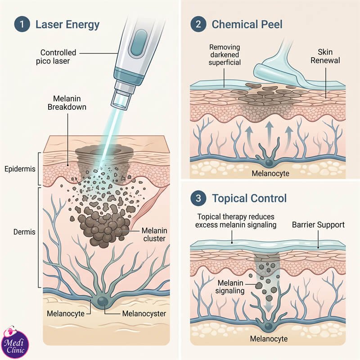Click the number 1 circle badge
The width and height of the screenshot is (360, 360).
(x=22, y=24)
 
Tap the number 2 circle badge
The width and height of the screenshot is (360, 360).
(x=198, y=24)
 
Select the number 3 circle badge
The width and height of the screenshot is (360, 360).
(x=198, y=198)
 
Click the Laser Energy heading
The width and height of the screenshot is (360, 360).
(x=67, y=25)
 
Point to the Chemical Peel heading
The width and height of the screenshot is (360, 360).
(x=247, y=24)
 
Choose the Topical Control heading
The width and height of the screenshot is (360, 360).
(x=249, y=198)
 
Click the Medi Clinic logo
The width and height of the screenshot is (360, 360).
(x=15, y=342)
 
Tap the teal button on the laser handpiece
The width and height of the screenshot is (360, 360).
(x=139, y=42)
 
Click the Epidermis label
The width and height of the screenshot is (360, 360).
(x=20, y=169)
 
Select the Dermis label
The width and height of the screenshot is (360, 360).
(x=24, y=232)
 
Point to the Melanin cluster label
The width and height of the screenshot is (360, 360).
(x=154, y=234)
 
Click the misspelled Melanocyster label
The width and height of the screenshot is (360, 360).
(x=144, y=314)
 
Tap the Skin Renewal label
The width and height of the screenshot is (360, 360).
(x=325, y=56)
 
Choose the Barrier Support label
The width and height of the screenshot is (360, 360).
(x=318, y=225)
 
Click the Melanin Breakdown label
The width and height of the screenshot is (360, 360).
(x=67, y=103)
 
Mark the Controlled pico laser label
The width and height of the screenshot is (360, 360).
(x=56, y=57)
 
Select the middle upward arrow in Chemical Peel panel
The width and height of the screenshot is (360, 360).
(x=270, y=134)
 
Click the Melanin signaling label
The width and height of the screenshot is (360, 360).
(x=230, y=287)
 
